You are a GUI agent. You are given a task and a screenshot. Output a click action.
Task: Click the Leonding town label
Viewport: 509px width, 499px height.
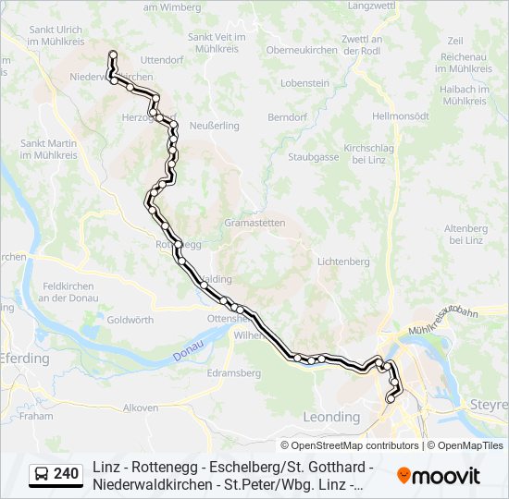pyautogui.click(x=332, y=418)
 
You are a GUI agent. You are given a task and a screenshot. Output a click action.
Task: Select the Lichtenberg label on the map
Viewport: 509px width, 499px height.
pyautogui.click(x=342, y=262)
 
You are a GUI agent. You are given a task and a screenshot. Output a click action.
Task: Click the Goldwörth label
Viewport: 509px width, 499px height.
pyautogui.click(x=130, y=320)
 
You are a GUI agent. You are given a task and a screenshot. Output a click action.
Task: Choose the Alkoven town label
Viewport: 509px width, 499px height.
pyautogui.click(x=141, y=407)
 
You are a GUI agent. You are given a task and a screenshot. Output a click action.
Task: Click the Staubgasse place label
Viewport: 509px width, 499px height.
pyautogui.click(x=313, y=158)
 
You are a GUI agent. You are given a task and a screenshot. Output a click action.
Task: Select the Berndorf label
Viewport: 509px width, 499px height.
pyautogui.click(x=287, y=118)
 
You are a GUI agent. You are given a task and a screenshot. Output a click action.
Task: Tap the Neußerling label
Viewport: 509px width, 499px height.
pyautogui.click(x=214, y=125)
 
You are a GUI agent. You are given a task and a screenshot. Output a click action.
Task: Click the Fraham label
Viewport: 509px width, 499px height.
pyautogui.click(x=36, y=416)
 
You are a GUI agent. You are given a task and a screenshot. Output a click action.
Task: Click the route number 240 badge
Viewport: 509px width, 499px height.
pyautogui.click(x=66, y=474)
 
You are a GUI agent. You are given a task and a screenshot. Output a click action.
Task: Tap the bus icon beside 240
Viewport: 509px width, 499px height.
pyautogui.click(x=42, y=474)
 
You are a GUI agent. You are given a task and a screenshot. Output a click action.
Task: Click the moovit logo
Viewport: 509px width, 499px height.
pyautogui.click(x=439, y=475)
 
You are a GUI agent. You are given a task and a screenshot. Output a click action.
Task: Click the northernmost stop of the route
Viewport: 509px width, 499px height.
pyautogui.click(x=113, y=54)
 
